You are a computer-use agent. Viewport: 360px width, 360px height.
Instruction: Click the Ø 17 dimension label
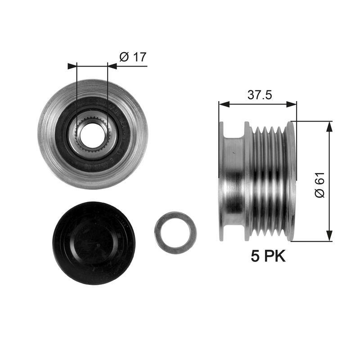(133, 57)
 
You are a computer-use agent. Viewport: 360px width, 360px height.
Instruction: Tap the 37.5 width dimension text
(260, 95)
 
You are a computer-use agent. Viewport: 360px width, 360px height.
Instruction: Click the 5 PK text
(268, 256)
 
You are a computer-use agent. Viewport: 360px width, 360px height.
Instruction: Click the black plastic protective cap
(94, 243)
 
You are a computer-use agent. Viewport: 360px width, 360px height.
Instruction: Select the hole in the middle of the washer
(175, 233)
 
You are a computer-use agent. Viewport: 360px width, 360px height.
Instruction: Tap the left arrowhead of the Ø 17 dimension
(72, 66)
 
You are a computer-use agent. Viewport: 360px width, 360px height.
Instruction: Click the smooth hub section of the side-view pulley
(234, 180)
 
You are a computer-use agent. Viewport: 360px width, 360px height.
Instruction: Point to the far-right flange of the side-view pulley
(291, 180)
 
